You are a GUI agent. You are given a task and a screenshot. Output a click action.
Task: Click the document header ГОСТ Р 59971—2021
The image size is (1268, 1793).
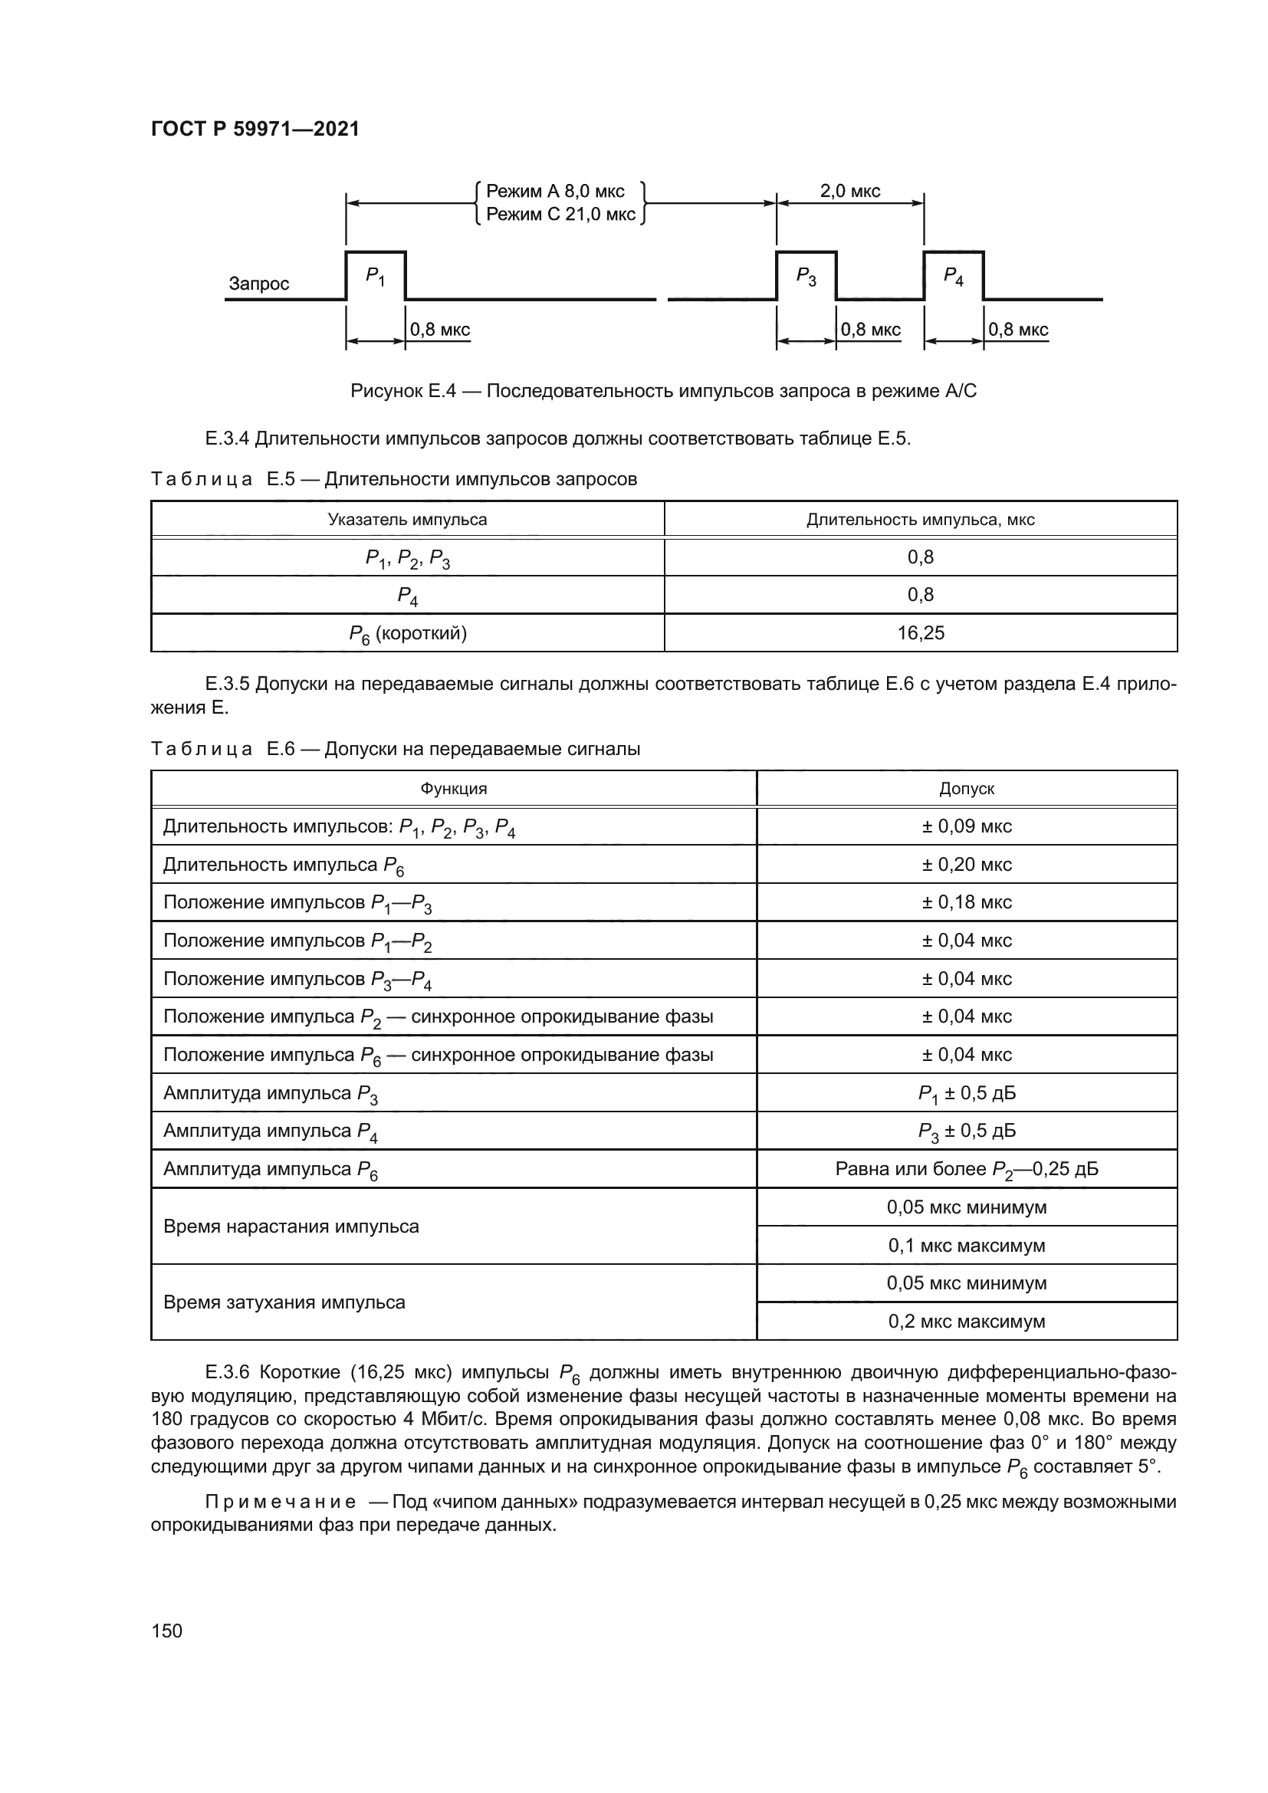coord(255,130)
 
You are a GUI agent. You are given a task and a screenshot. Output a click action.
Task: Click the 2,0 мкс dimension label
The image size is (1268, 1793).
coord(849,192)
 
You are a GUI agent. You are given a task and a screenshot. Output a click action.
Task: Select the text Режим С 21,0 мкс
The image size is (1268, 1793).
coord(560,215)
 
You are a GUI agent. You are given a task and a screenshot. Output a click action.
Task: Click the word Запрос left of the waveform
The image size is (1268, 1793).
coord(258,284)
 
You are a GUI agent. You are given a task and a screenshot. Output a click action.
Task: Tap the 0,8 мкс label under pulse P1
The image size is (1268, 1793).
coord(439,330)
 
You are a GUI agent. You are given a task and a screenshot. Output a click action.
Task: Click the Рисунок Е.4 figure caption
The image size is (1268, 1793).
coord(663,391)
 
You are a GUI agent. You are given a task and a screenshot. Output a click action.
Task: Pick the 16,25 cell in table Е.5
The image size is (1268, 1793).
coord(921,633)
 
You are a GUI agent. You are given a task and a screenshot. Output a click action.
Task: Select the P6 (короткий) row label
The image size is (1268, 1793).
coord(408,633)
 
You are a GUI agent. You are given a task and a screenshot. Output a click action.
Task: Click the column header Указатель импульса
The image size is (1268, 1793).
coord(407,520)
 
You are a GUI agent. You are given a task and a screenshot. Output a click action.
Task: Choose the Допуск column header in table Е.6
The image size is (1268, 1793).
coord(967,789)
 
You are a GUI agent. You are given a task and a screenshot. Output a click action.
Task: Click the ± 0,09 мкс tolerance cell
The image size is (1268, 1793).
coord(967,827)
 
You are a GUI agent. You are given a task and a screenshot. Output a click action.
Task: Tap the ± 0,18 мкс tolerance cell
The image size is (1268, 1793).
coord(967,903)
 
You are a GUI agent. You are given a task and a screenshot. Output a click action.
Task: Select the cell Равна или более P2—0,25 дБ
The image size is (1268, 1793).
coord(967,1170)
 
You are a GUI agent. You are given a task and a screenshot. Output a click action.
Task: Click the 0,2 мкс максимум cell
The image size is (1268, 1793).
coord(967,1322)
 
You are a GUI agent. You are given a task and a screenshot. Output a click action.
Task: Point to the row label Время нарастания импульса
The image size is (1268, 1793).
coord(291,1227)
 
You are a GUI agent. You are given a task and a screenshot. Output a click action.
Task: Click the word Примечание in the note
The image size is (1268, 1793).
coord(281,1502)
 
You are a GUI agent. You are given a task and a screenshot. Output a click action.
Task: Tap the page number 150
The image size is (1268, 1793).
coord(166,1630)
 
